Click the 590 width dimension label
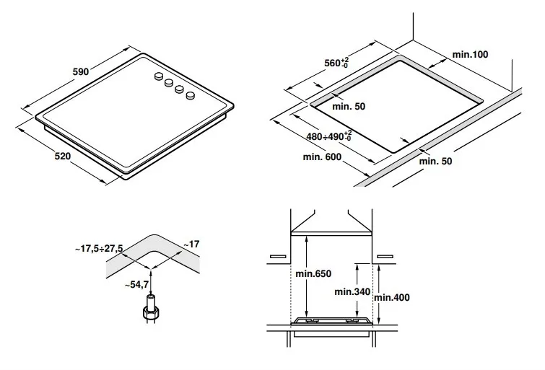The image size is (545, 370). pyautogui.click(x=80, y=72)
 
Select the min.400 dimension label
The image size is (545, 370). pyautogui.click(x=392, y=296)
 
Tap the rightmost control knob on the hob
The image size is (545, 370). pyautogui.click(x=191, y=94)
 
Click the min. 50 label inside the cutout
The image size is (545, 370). pyautogui.click(x=349, y=106)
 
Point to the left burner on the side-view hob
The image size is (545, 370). pyautogui.click(x=313, y=320)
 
